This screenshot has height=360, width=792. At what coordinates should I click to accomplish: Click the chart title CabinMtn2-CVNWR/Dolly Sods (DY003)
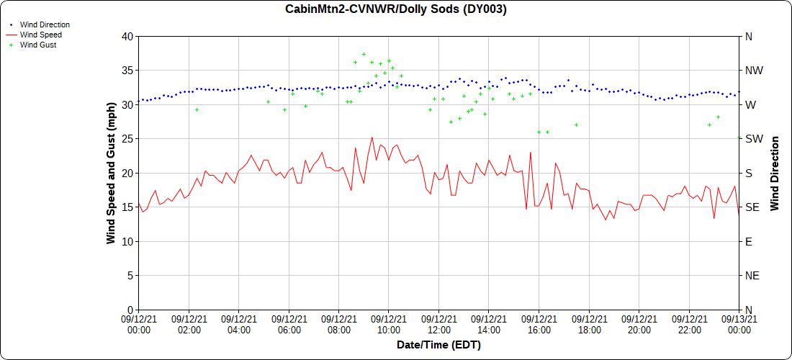click(396, 9)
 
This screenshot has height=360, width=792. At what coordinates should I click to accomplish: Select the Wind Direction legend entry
click(45, 24)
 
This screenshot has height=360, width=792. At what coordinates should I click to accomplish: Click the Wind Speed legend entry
click(40, 35)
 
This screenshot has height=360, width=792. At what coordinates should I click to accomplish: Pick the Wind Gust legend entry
click(38, 45)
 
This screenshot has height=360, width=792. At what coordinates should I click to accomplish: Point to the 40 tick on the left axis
click(127, 36)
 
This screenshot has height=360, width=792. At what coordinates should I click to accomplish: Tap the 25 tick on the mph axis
click(127, 138)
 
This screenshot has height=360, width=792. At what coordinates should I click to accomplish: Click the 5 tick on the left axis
click(130, 275)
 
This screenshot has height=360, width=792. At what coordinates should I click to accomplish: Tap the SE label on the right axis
click(752, 207)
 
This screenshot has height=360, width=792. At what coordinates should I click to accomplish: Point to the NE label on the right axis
click(752, 275)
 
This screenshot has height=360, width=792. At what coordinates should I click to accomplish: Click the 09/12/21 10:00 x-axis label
click(388, 324)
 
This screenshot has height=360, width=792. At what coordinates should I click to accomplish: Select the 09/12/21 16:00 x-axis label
click(539, 324)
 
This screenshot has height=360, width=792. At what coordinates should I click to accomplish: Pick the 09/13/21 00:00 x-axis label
click(739, 324)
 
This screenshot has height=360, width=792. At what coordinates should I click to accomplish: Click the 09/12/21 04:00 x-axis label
click(238, 324)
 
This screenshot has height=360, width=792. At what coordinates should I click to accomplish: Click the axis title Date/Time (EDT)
click(438, 345)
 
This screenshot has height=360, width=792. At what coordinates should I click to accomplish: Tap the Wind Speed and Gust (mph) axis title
click(111, 173)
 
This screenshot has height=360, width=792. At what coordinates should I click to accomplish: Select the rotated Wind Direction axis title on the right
click(775, 173)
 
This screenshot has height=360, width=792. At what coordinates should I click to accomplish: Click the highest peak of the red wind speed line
click(372, 137)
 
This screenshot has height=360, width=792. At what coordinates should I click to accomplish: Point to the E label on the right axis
click(748, 241)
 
